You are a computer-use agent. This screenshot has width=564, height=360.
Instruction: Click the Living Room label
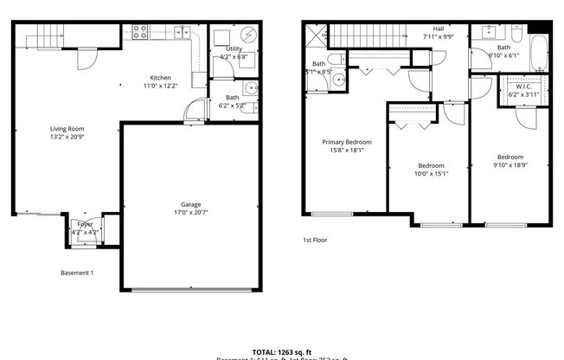click(66, 129)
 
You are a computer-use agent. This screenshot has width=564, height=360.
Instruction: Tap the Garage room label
click(185, 205)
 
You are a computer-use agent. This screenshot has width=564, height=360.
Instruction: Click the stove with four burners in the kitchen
click(138, 33)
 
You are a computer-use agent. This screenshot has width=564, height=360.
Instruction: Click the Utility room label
click(234, 49)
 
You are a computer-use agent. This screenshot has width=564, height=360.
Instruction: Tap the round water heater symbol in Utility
click(247, 35)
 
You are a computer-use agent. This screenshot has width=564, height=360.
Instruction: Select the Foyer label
click(86, 224)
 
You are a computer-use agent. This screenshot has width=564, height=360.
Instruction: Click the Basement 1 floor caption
click(77, 273)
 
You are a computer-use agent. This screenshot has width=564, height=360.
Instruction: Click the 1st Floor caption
click(314, 240)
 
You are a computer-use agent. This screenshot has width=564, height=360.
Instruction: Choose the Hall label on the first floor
click(439, 28)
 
